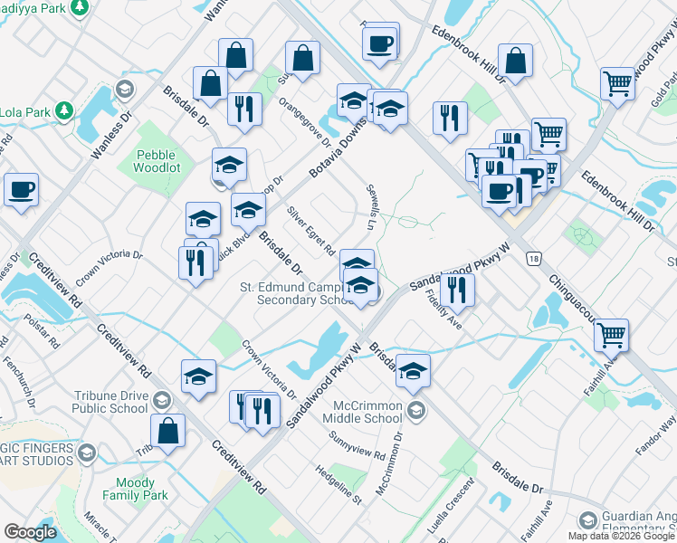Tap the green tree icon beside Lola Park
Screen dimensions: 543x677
point(63,110)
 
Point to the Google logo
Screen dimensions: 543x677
point(31,532)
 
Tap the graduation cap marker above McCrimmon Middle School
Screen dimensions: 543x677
point(413,371)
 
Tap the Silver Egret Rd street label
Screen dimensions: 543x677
point(311,230)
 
